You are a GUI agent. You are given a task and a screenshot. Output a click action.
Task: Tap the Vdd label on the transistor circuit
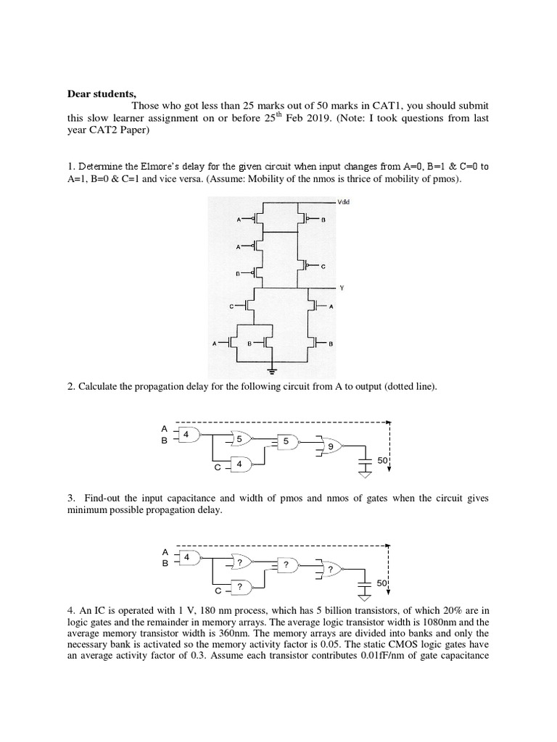345,202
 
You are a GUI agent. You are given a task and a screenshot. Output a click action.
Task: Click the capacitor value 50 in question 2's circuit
382,460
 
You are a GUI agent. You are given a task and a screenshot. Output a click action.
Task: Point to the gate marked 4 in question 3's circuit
186,557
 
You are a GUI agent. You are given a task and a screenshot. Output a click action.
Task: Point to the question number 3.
70,499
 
